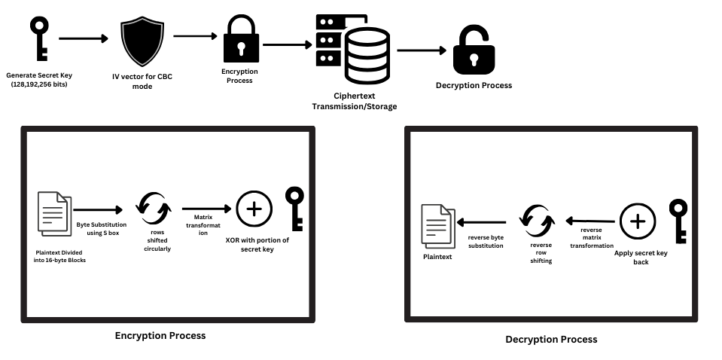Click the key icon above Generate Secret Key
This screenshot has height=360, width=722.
pyautogui.click(x=38, y=38)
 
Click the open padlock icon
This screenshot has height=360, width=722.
pyautogui.click(x=474, y=52)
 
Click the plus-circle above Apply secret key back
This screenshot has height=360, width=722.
pyautogui.click(x=638, y=221)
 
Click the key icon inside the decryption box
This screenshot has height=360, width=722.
pyautogui.click(x=679, y=221)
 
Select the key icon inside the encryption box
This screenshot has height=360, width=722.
pyautogui.click(x=294, y=209)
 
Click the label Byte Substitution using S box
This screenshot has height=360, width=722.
pyautogui.click(x=102, y=229)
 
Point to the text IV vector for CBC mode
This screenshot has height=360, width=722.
pyautogui.click(x=142, y=81)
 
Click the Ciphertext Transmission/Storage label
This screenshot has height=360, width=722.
pyautogui.click(x=354, y=102)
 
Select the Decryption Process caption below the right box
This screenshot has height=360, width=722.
pyautogui.click(x=551, y=340)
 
